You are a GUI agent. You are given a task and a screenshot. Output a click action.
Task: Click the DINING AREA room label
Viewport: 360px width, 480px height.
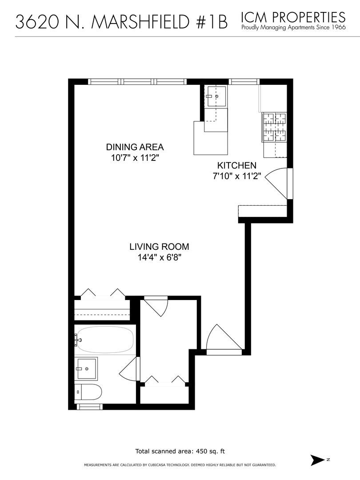pyautogui.click(x=135, y=147)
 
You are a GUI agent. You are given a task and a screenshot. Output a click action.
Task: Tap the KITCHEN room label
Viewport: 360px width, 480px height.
pyautogui.click(x=236, y=165)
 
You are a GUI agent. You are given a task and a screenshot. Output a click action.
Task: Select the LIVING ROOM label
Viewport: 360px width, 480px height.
pyautogui.click(x=160, y=247)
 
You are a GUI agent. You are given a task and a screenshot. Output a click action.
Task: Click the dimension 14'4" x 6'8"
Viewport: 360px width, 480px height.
pyautogui.click(x=160, y=257)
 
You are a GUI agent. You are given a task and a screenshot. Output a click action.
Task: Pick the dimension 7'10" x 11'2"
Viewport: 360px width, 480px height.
pyautogui.click(x=236, y=176)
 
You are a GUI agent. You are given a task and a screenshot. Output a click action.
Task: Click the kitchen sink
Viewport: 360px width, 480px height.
pyautogui.click(x=216, y=96)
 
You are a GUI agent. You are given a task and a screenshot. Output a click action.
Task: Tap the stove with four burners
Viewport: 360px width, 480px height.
pyautogui.click(x=275, y=128)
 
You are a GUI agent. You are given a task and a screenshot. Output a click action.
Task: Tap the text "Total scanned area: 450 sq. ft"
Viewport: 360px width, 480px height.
pyautogui.click(x=180, y=451)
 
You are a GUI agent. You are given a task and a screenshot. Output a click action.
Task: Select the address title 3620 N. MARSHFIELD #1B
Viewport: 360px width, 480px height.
pyautogui.click(x=121, y=22)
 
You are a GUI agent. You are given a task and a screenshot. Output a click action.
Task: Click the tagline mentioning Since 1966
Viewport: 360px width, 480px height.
pyautogui.click(x=293, y=28)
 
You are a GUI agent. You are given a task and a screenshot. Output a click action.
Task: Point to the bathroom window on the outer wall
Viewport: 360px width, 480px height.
pyautogui.click(x=91, y=407)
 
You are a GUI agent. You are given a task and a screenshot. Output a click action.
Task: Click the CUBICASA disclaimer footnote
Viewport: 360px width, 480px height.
pyautogui.click(x=180, y=465)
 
